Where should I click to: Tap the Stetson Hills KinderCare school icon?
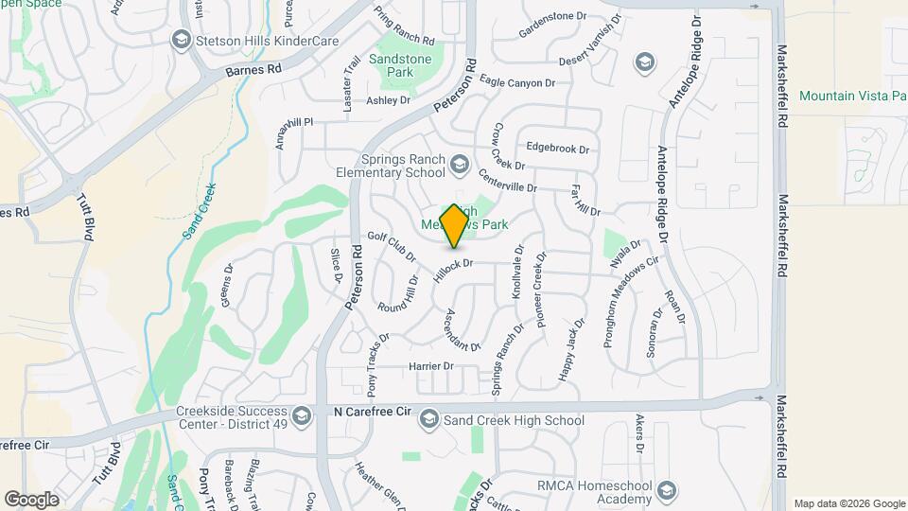181,40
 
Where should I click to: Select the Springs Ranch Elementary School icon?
459,166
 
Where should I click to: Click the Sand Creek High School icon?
429,419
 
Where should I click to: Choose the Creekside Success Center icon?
302,416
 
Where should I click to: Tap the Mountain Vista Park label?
851,96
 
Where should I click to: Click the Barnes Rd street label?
254,69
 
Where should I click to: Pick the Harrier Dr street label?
431,366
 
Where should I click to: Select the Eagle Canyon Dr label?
517,83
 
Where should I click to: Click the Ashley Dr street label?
388,100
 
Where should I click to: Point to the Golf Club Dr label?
393,248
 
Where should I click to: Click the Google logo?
31,499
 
